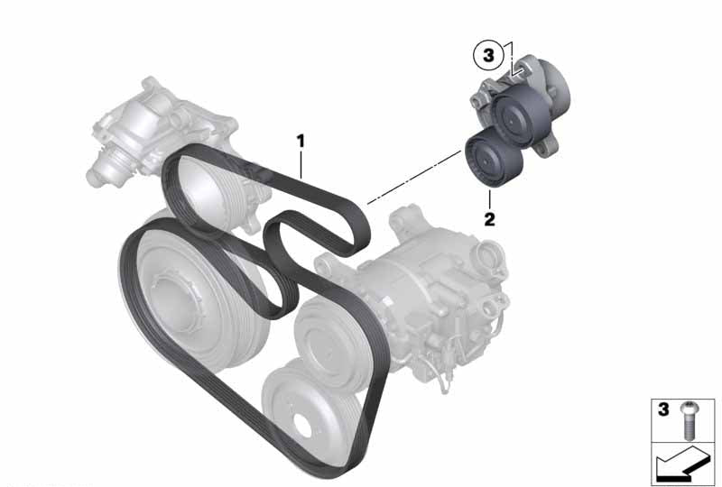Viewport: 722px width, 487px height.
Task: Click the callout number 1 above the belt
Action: pyautogui.click(x=301, y=142)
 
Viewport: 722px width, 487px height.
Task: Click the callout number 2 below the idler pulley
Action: pyautogui.click(x=489, y=219)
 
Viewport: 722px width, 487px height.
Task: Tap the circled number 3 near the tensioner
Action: pyautogui.click(x=488, y=56)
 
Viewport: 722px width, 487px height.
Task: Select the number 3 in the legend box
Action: pyautogui.click(x=663, y=409)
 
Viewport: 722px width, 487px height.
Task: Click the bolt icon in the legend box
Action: pyautogui.click(x=688, y=419)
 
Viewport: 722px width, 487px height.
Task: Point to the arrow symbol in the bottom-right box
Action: pyautogui.click(x=682, y=464)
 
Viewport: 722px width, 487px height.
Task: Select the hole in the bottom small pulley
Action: pyautogui.click(x=301, y=425)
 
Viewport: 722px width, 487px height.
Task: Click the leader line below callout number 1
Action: pyautogui.click(x=301, y=164)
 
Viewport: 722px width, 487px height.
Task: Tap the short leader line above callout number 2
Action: pyautogui.click(x=489, y=198)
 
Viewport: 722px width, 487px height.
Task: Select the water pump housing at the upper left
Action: pyautogui.click(x=152, y=131)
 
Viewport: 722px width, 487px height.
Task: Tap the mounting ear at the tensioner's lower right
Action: pyautogui.click(x=547, y=148)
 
